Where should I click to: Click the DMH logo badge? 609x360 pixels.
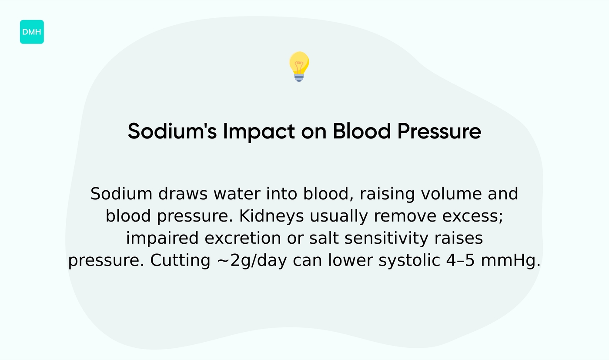32,32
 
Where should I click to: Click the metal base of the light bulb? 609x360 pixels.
299,77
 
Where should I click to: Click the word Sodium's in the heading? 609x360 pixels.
172,131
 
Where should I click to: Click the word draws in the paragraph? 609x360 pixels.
183,194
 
